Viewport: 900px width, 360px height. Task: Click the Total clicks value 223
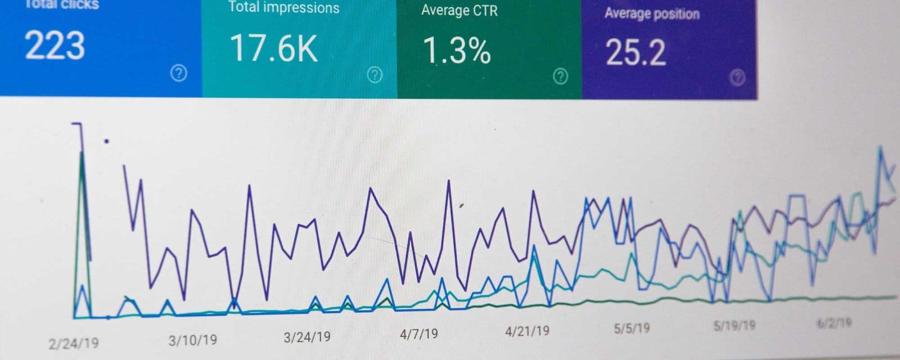(x=55, y=46)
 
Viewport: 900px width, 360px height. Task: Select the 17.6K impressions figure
(x=274, y=48)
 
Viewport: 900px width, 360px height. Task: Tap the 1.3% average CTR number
(x=456, y=50)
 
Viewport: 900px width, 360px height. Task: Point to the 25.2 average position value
(x=636, y=53)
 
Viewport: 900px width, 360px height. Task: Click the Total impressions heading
(x=283, y=7)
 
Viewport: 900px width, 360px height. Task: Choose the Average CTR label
(x=459, y=10)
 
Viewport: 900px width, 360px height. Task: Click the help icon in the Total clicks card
(x=178, y=73)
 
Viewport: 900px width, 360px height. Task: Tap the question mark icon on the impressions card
(x=375, y=75)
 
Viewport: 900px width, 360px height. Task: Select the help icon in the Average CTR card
(x=560, y=76)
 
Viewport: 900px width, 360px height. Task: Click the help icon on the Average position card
(x=737, y=78)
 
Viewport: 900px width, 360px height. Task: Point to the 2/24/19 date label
(x=74, y=343)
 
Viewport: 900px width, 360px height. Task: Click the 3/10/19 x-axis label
(x=193, y=340)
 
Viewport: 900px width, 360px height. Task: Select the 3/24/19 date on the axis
(x=307, y=337)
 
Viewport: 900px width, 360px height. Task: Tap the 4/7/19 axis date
(x=418, y=334)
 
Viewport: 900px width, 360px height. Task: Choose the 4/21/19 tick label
(x=527, y=331)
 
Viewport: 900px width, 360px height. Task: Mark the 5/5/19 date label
(x=632, y=328)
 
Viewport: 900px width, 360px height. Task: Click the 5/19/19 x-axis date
(x=734, y=325)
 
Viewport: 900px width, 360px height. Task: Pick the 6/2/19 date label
(x=834, y=323)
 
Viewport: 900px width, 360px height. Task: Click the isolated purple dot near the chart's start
(x=106, y=141)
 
